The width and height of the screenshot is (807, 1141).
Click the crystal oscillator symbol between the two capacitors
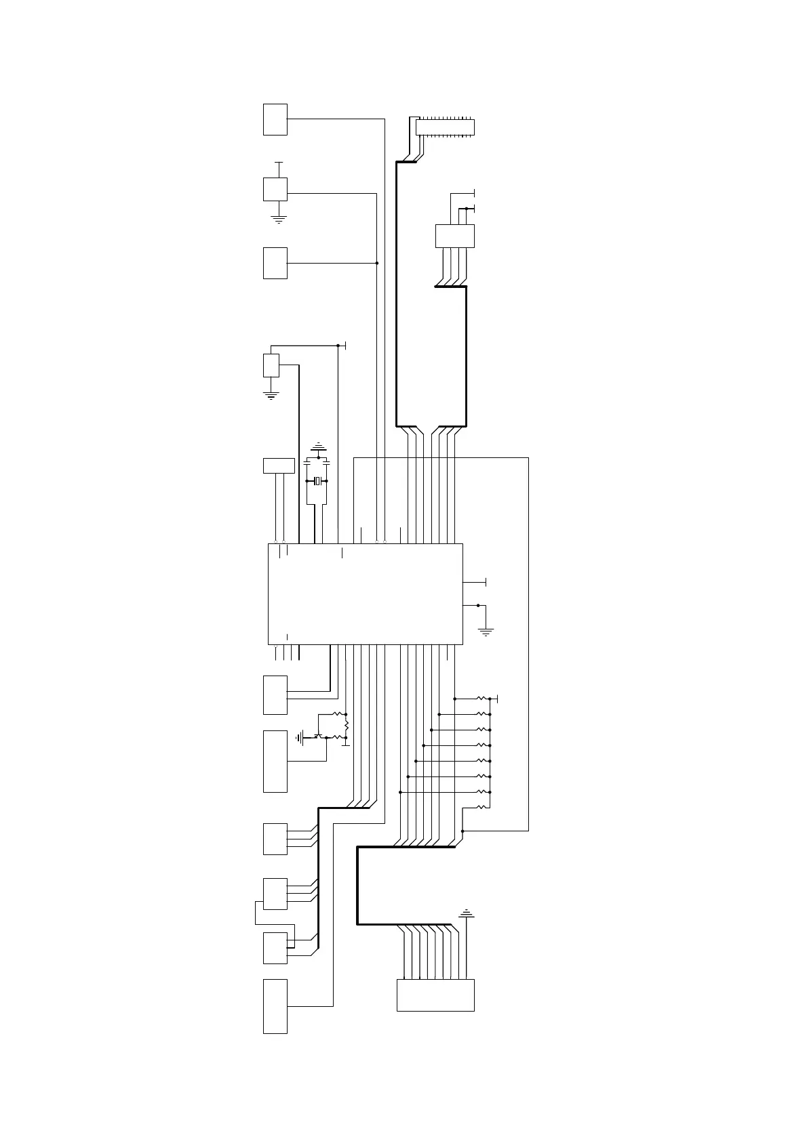[317, 481]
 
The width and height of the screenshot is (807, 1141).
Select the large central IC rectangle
[365, 594]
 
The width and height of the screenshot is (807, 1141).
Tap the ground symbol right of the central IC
[486, 631]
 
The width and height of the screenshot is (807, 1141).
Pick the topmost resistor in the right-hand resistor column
[481, 698]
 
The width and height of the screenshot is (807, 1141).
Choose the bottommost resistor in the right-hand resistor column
[481, 806]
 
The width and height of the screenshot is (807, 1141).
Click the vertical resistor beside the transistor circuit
[346, 725]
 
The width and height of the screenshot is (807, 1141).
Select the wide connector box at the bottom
[435, 995]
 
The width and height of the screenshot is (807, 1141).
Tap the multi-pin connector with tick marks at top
[444, 127]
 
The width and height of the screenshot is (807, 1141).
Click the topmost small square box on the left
[275, 119]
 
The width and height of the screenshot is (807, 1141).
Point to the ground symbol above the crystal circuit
[318, 447]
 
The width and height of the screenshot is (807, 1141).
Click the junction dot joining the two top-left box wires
[376, 263]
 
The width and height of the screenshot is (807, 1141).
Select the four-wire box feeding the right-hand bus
[454, 236]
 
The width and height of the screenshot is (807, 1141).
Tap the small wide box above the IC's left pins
[279, 465]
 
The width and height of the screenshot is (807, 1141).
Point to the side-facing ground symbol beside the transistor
[299, 737]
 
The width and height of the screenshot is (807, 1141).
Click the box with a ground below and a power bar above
[275, 189]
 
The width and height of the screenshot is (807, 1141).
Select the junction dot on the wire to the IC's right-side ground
[478, 605]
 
